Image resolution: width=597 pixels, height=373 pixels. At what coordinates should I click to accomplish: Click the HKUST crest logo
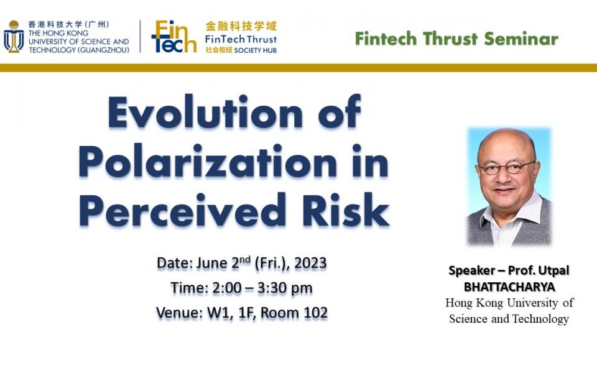tap(14, 37)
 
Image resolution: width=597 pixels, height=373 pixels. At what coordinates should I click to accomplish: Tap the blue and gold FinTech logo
tap(174, 36)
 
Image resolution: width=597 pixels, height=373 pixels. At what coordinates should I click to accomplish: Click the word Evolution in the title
tap(206, 113)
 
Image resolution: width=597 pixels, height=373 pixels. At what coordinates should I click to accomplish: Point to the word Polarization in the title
tap(208, 161)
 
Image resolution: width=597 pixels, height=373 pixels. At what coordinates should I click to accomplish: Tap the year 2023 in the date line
tap(310, 263)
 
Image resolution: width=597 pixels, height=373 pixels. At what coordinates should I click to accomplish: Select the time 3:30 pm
tap(285, 288)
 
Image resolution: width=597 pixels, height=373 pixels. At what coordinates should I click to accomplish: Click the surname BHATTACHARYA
tap(509, 287)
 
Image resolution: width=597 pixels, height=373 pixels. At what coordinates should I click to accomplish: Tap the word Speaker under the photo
tap(471, 270)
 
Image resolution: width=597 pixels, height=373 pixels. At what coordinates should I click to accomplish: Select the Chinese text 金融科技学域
tap(241, 26)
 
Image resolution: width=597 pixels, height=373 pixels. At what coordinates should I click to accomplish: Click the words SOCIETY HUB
tap(256, 50)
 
